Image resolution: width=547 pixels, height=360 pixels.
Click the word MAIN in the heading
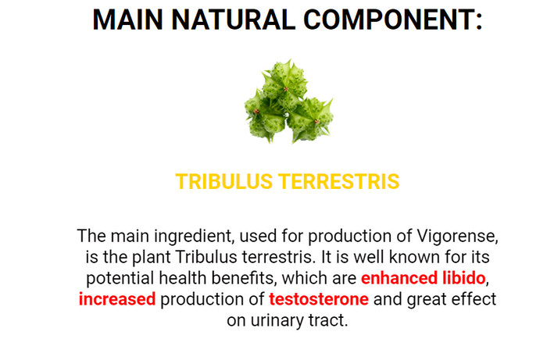(x=127, y=20)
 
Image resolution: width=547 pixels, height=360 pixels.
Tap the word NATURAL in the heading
(x=234, y=20)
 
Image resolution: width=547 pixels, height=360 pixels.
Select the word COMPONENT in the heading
(x=388, y=20)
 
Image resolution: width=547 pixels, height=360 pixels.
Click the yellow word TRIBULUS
(x=224, y=182)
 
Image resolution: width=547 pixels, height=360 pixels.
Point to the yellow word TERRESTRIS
(x=339, y=182)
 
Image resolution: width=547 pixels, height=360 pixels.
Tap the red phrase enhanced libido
(x=423, y=278)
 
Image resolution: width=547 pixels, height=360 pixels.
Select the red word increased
(x=117, y=299)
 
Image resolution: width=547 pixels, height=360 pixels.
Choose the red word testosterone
(x=319, y=299)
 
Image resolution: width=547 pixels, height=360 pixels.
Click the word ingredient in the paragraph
(x=192, y=237)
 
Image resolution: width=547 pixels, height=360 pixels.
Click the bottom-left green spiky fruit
(x=265, y=117)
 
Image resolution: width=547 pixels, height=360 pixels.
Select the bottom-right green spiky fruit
(x=309, y=119)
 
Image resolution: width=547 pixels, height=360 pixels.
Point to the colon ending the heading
(x=478, y=22)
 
